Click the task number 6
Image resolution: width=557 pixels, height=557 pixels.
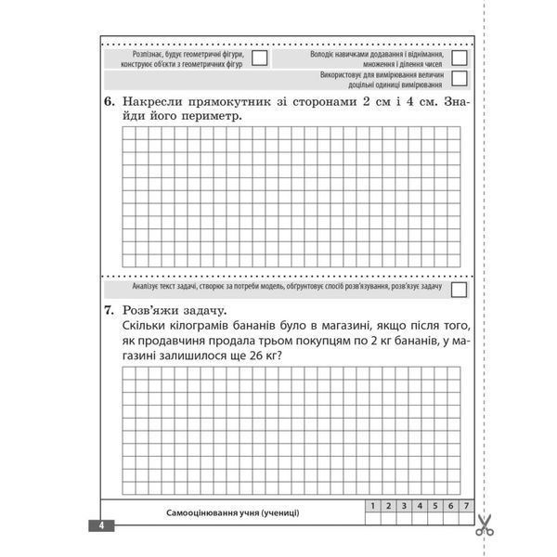click(x=109, y=100)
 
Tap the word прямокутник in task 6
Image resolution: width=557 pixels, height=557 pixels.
click(x=218, y=100)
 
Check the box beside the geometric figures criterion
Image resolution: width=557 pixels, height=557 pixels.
click(x=261, y=58)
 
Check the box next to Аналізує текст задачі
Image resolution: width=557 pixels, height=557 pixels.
click(x=459, y=290)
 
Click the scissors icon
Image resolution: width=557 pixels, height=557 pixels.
click(x=484, y=525)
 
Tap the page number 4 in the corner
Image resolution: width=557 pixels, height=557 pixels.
click(x=101, y=525)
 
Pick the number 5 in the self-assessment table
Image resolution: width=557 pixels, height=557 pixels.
click(x=421, y=506)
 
